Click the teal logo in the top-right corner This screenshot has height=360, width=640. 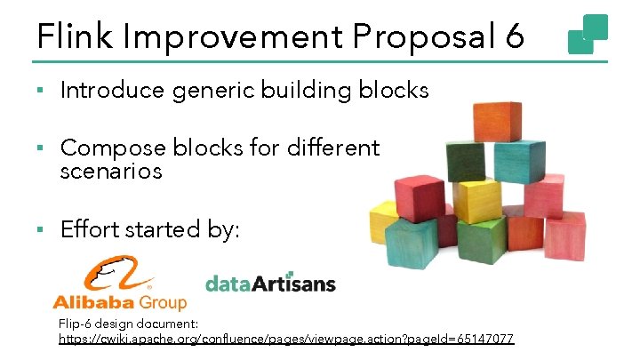point(588,33)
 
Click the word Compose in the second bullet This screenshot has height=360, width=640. point(106,147)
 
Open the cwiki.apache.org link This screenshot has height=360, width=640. point(285,340)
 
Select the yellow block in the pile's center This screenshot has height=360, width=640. point(478,199)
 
